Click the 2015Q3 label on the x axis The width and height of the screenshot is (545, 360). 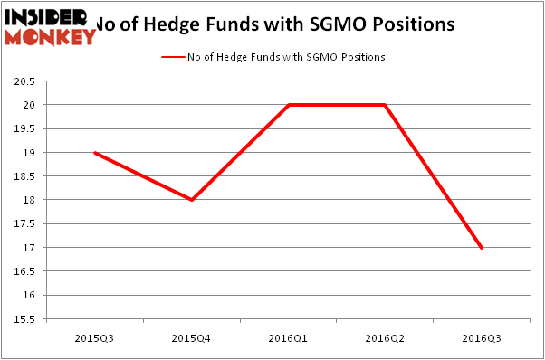[x=95, y=338]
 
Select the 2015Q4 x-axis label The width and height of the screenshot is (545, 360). [x=192, y=338]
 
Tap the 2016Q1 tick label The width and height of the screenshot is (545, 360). [x=289, y=338]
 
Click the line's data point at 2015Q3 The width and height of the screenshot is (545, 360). [x=95, y=152]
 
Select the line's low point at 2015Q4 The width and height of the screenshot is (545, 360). [x=192, y=200]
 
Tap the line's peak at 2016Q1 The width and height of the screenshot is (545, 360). [x=289, y=105]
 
